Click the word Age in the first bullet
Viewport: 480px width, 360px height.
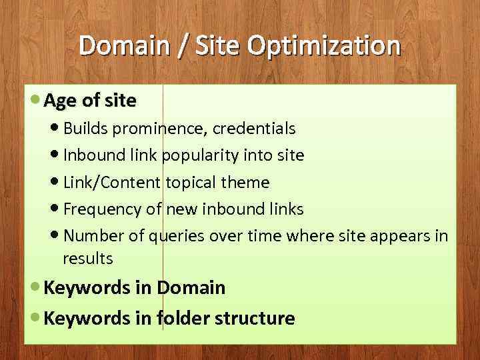[x=61, y=101]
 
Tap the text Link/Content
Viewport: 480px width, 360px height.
[x=112, y=183]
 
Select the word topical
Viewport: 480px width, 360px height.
[x=189, y=183]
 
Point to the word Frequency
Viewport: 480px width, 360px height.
[x=103, y=209]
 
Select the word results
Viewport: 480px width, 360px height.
[x=87, y=258]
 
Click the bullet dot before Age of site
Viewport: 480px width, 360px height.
[x=35, y=100]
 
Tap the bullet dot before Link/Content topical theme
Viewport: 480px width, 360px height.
[x=54, y=182]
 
